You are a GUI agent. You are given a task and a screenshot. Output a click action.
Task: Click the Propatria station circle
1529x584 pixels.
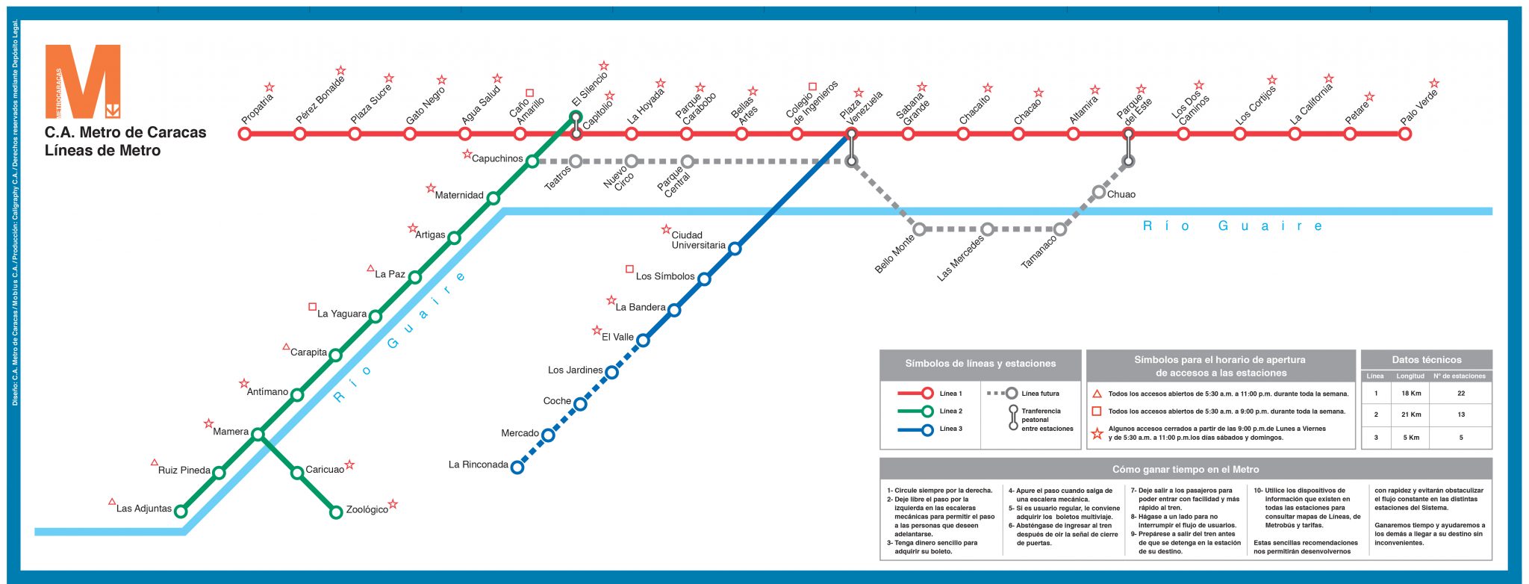pos(244,134)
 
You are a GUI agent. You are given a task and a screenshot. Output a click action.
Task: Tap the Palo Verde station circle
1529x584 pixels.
pos(1405,134)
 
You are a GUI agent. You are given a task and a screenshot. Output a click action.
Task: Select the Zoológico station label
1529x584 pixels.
pos(367,510)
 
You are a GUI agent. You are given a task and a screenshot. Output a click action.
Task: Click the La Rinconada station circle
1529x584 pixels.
pos(517,467)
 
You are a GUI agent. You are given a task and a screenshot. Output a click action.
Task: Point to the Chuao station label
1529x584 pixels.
pos(1121,195)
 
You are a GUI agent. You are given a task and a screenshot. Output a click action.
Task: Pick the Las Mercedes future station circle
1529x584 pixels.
pos(988,229)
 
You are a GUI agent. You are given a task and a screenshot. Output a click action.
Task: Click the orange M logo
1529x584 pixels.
pos(83,81)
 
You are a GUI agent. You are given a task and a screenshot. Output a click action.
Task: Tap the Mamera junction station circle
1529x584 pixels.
pos(258,435)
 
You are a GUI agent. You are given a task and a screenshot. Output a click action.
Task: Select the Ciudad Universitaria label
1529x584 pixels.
pos(698,240)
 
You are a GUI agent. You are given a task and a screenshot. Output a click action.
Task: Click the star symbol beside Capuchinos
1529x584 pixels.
pos(467,155)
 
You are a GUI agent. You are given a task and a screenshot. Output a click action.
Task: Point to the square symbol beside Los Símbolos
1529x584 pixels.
pos(629,269)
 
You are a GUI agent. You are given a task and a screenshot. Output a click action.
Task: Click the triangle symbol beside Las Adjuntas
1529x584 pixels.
pos(112,502)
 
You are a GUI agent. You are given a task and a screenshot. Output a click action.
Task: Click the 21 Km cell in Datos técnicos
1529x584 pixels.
pos(1411,414)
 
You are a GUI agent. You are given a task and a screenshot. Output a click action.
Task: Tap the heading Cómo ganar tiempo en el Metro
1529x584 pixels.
pos(1186,470)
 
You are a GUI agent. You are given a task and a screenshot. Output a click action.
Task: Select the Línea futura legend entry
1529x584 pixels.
pos(1023,394)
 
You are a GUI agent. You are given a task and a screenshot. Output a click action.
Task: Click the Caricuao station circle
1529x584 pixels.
pos(297,473)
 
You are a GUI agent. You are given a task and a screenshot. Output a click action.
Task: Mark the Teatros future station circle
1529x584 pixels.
pos(576,161)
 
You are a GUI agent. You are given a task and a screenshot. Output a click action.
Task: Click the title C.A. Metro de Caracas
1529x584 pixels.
pos(125,132)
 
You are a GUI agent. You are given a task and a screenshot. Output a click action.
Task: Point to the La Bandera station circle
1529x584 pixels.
pos(674,310)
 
